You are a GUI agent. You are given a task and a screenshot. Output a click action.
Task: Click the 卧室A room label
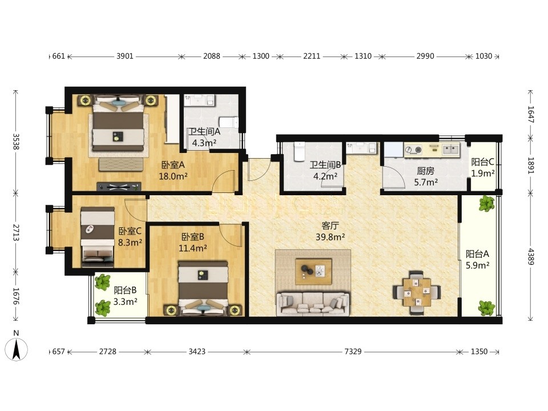point(172,164)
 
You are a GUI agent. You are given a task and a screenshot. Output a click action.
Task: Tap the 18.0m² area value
point(173,176)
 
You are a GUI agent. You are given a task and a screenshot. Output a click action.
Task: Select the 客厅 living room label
point(330,226)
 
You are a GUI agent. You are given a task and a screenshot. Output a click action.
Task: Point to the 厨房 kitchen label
point(425,171)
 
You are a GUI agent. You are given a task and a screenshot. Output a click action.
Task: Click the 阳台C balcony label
point(483,162)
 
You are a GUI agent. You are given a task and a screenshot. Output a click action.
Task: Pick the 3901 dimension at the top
point(125,57)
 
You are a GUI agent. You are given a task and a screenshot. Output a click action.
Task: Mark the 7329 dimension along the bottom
point(353,351)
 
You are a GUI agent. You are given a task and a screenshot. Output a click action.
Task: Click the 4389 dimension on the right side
point(531,256)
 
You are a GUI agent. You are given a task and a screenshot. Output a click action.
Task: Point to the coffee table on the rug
point(313,272)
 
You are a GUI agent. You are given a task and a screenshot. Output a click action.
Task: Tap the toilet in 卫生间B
point(300,151)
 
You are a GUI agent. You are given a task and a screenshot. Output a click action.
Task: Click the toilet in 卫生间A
point(228,123)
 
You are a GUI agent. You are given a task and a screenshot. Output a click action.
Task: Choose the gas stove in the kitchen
point(413,150)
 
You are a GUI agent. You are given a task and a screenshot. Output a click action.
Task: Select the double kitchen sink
point(451,149)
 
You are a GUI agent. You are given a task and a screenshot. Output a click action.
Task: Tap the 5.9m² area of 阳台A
point(477,265)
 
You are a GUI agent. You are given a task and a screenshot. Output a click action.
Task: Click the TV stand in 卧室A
point(119,187)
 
